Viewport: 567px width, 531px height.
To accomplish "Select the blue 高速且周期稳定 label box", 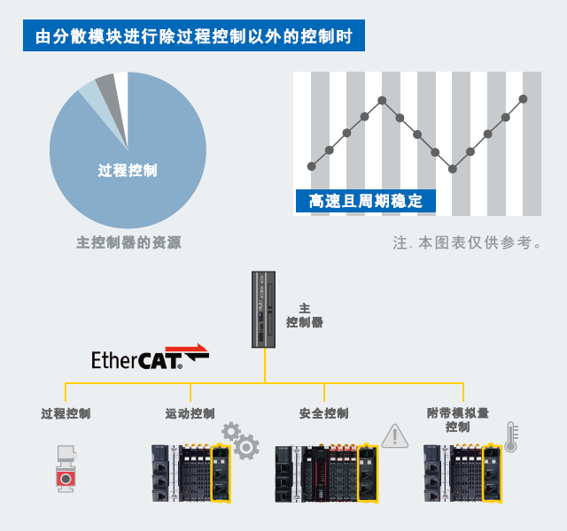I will click(x=365, y=202).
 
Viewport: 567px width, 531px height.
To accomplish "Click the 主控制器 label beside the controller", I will click(x=304, y=316).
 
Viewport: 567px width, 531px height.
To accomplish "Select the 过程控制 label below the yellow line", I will click(x=66, y=413).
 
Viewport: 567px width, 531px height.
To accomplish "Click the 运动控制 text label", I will click(x=190, y=413).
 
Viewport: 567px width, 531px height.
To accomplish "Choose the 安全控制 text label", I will click(x=323, y=413).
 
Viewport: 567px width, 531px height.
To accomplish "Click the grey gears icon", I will click(x=240, y=440).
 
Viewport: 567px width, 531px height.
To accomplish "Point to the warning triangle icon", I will click(x=393, y=435).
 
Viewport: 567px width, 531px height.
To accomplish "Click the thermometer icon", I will click(x=511, y=437).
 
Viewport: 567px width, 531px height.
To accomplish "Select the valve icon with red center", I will click(x=65, y=468).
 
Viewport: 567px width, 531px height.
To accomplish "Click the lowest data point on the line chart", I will click(x=453, y=168).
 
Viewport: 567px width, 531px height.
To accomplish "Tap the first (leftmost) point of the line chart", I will click(x=311, y=165).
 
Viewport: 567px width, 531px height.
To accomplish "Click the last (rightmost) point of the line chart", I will click(x=524, y=99).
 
